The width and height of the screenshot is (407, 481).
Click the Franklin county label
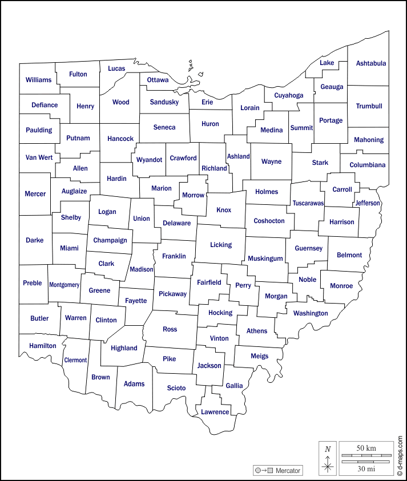coord(174,257)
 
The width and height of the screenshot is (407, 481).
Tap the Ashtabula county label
coord(371,63)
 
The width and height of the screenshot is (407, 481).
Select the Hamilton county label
coord(43,346)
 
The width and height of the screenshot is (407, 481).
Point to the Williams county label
coord(38,80)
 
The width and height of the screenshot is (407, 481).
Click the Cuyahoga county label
coord(288,95)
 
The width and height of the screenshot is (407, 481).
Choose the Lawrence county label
coord(215,412)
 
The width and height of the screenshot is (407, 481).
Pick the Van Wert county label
coord(39,157)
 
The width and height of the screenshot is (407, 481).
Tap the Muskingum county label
coord(265,258)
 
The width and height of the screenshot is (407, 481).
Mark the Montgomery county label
coord(64,285)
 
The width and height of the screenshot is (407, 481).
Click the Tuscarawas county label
coord(308,203)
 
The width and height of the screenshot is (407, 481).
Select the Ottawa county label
coord(158,80)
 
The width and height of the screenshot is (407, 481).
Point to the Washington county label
coord(311,313)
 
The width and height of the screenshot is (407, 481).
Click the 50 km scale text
coord(365,448)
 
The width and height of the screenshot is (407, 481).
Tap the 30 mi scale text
coord(365,468)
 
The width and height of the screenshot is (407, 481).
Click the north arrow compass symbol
coord(328,459)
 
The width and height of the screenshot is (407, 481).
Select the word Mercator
coord(288,471)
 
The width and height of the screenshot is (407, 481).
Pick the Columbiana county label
coord(368,165)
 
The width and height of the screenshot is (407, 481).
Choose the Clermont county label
coord(75,360)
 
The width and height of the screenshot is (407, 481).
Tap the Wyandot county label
coord(149,160)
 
